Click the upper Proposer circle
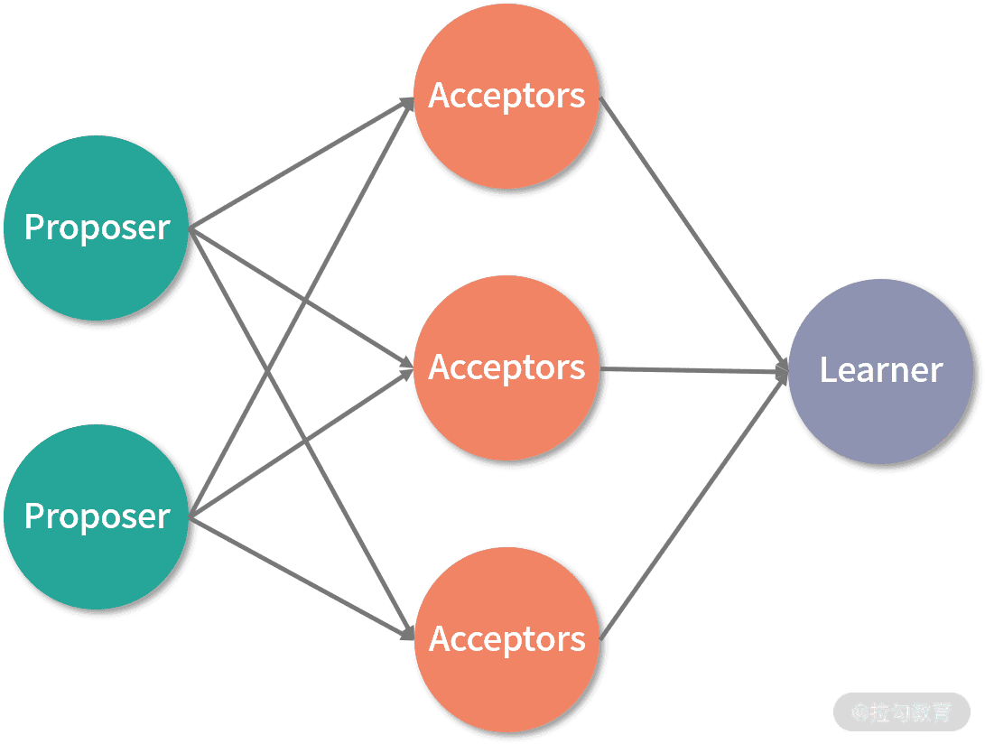click(x=98, y=227)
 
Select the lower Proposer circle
click(x=98, y=516)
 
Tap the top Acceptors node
click(x=506, y=96)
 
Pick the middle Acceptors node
click(x=506, y=367)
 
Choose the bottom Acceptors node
click(x=506, y=638)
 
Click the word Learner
click(x=881, y=369)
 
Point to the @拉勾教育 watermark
click(x=901, y=712)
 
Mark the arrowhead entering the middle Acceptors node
click(x=406, y=367)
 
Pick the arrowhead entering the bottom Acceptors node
click(x=407, y=635)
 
